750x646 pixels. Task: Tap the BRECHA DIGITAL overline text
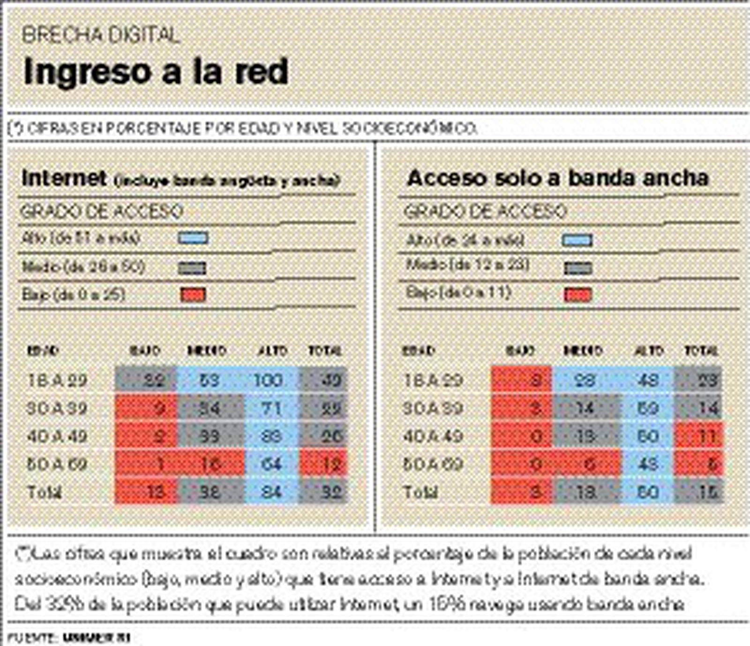coord(101,35)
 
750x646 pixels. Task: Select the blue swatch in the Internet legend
coord(193,238)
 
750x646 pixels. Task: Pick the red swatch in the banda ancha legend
coord(578,294)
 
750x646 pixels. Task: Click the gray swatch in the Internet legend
coord(192,268)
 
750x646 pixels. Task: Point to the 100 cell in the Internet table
coord(268,380)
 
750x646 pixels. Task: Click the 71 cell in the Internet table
coord(271,408)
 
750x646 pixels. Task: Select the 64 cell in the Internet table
coord(271,464)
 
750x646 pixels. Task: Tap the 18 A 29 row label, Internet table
coord(58,380)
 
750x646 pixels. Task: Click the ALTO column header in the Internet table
coord(273,351)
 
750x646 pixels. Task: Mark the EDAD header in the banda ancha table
coord(418,351)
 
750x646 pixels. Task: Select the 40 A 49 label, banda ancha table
coord(433,436)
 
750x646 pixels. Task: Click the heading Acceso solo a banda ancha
coord(558,178)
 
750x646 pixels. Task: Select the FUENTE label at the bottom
coord(32,638)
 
